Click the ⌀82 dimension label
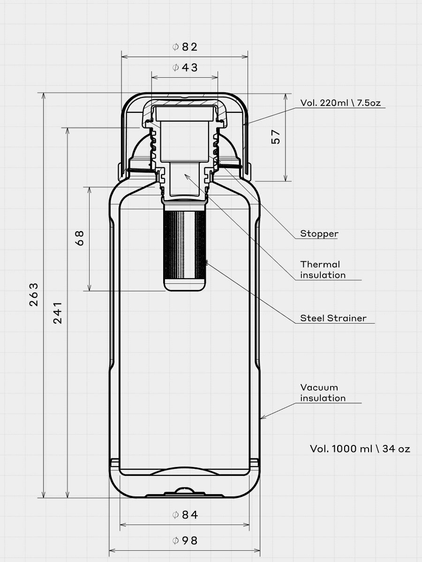[x=185, y=47]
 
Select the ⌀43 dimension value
[x=185, y=67]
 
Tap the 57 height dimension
[x=276, y=137]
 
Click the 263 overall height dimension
[x=34, y=294]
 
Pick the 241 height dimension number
[x=58, y=313]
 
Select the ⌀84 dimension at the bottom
[x=185, y=515]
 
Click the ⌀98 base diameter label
[x=185, y=540]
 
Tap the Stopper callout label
[x=319, y=234]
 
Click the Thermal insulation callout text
[x=323, y=270]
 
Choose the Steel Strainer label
[x=333, y=318]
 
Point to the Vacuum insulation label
[x=323, y=392]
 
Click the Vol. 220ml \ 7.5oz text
[x=344, y=103]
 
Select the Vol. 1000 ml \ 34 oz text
[x=360, y=449]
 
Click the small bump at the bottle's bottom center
[x=184, y=491]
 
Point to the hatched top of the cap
[x=184, y=101]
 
